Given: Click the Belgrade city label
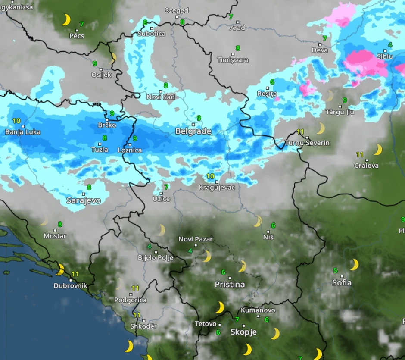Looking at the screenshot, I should [193, 131].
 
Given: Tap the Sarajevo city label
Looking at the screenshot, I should [84, 200].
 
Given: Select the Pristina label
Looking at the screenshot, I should [230, 285].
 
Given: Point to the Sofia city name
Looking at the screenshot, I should [342, 283].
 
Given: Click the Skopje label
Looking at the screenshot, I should [243, 332].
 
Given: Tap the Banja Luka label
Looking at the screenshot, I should [23, 132].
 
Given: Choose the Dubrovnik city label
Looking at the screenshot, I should [70, 285].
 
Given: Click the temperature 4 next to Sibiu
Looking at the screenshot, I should [390, 45].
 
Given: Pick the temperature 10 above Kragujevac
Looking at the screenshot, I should [210, 176].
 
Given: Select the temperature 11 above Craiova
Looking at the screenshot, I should [360, 154].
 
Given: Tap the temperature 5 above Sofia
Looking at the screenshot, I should [335, 271].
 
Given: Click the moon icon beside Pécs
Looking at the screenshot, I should [66, 20].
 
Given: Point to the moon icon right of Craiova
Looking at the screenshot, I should [377, 150].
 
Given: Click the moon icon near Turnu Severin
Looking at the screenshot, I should [321, 128].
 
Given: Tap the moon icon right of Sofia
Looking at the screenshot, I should [354, 264].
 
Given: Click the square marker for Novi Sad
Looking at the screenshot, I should [161, 91].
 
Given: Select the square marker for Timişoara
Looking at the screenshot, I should [233, 54].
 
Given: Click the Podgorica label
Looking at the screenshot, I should [130, 300].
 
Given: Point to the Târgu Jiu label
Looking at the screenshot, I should [340, 112].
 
